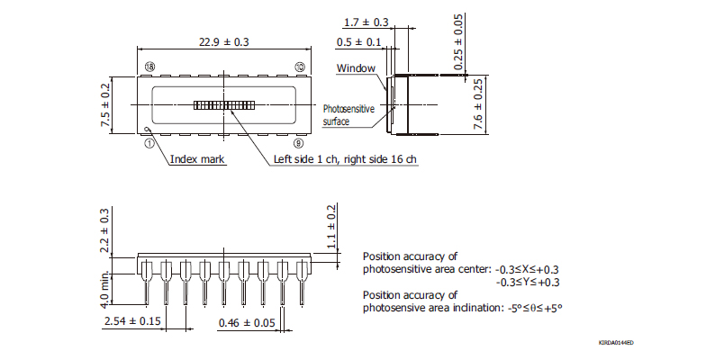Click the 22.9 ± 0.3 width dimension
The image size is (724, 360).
[x=223, y=41]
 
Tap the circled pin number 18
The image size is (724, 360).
[x=149, y=67]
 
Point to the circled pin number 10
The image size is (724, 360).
[x=299, y=67]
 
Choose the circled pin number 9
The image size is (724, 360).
[x=299, y=141]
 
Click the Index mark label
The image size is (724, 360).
[x=198, y=159]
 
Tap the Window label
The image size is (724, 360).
[x=356, y=68]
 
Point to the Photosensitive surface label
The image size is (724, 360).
[x=348, y=114]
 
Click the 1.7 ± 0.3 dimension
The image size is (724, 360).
[x=367, y=21]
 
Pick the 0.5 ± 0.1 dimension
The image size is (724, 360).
[x=357, y=42]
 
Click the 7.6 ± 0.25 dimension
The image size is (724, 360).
[x=478, y=104]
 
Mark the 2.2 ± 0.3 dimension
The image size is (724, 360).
[x=105, y=231]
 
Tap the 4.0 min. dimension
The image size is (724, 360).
[x=105, y=286]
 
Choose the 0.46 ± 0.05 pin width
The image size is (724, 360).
[x=245, y=321]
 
